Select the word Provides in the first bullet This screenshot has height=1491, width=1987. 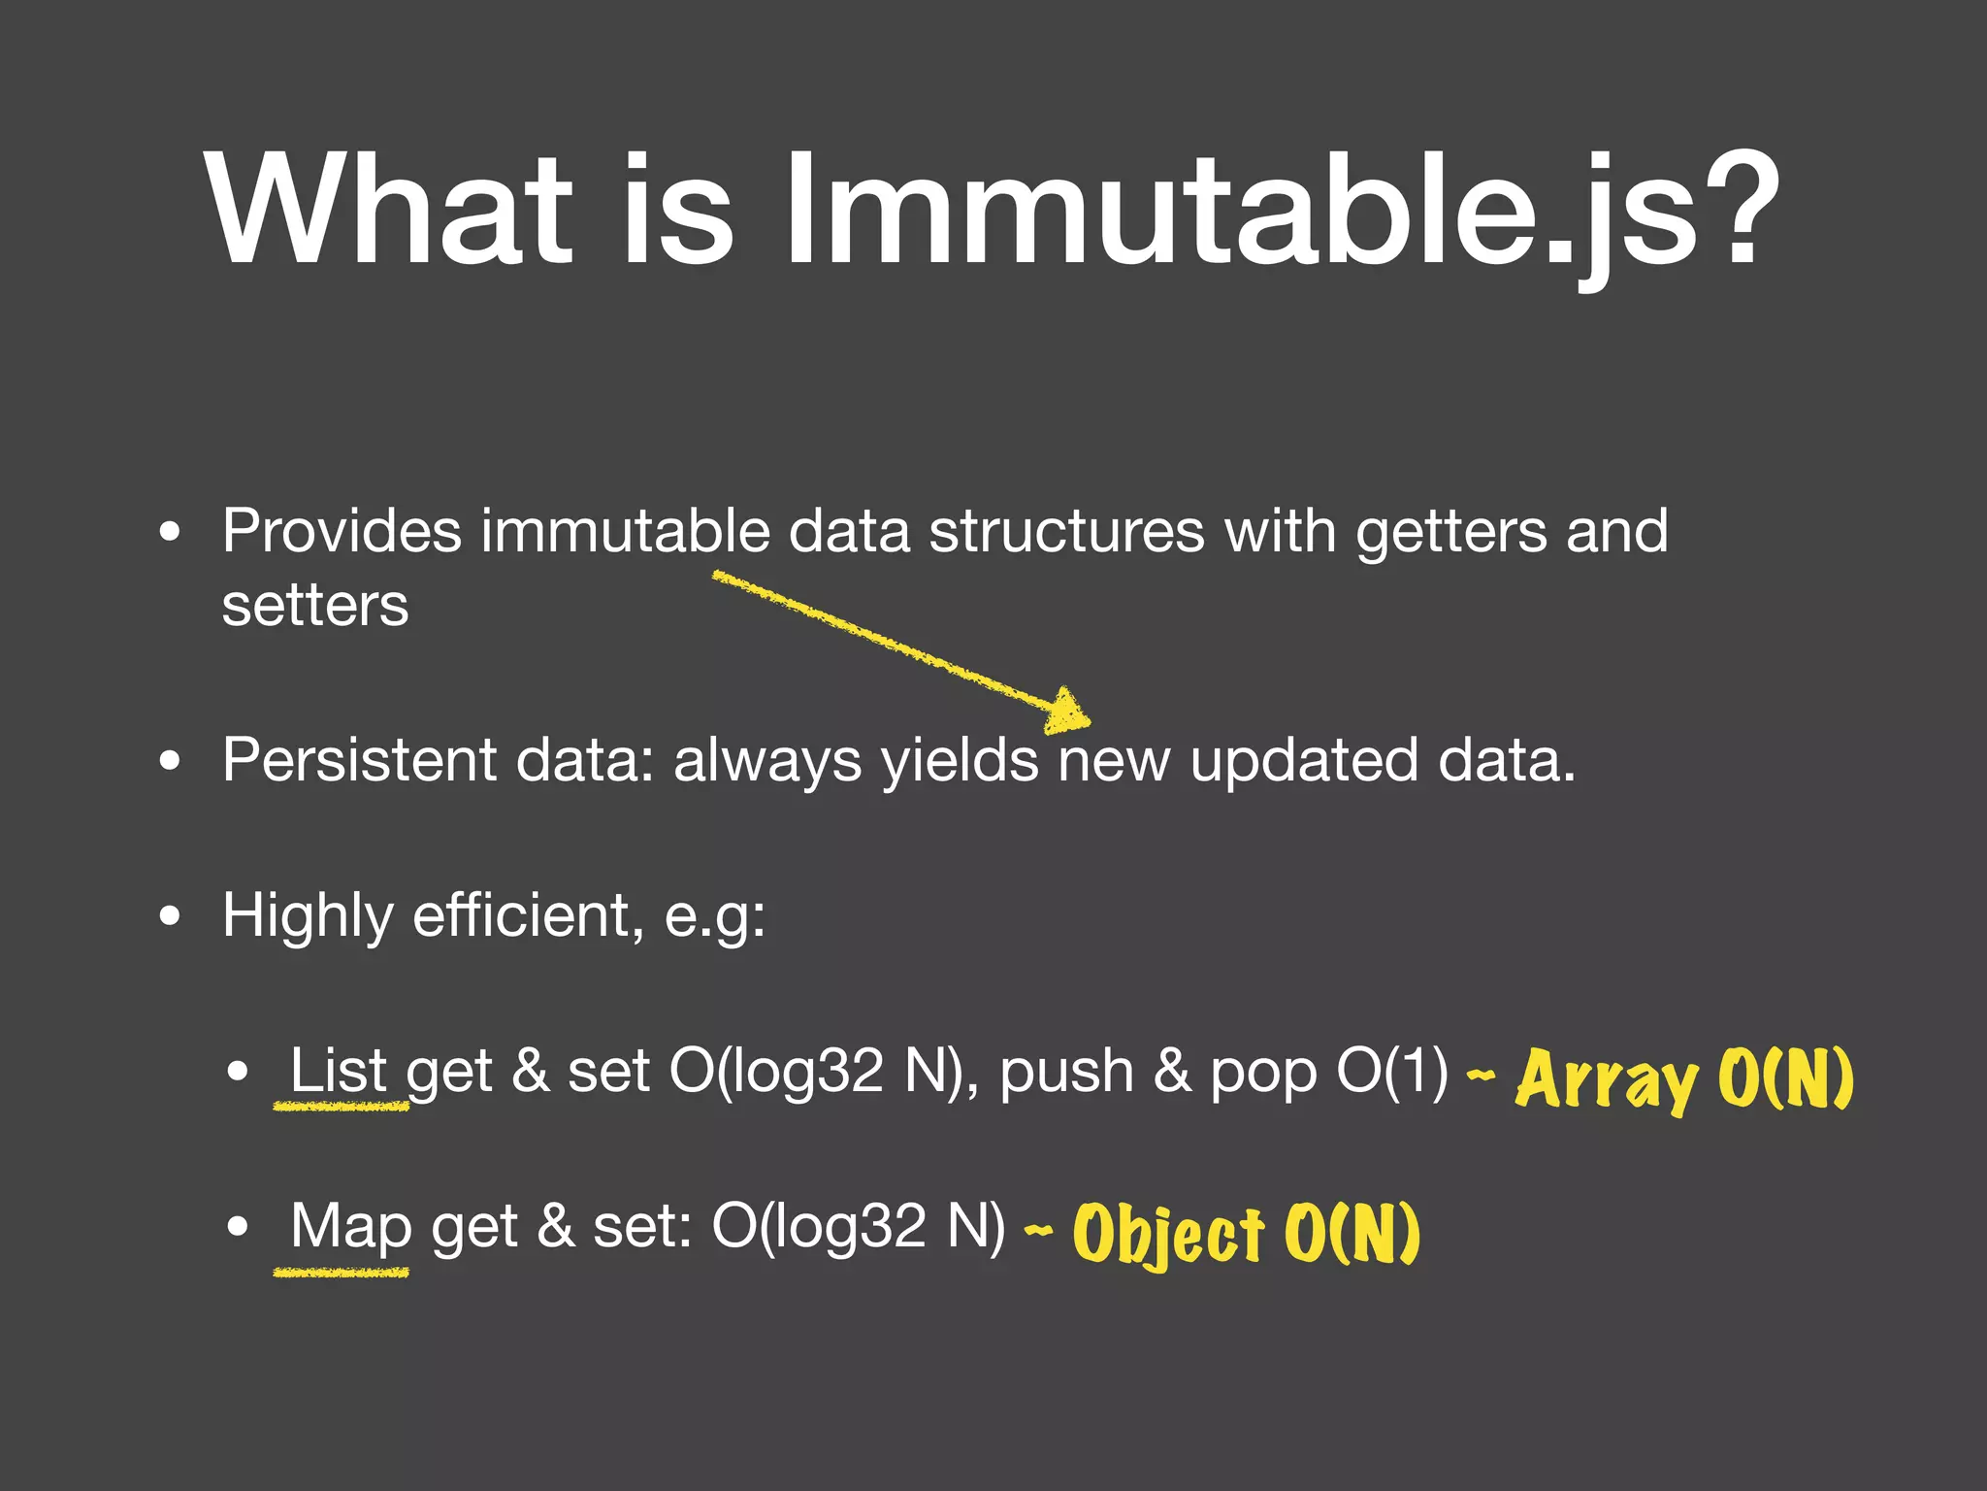point(342,532)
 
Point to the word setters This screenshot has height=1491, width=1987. point(315,606)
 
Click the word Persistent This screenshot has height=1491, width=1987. point(359,759)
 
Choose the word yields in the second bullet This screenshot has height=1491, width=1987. point(960,761)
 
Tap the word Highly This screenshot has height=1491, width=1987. point(308,916)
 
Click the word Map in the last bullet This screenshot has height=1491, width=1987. point(350,1227)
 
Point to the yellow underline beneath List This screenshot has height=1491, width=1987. point(341,1106)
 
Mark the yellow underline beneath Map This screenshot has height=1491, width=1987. point(341,1272)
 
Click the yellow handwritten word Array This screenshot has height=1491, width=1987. point(1606,1079)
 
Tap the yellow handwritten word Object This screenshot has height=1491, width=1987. point(1168,1235)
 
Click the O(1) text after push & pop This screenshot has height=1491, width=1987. point(1391,1071)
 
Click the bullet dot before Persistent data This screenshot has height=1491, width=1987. point(170,761)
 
